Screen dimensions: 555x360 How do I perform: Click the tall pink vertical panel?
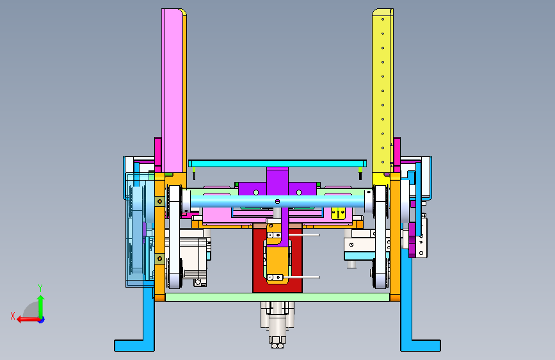172,90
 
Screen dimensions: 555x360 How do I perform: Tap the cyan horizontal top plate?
277,163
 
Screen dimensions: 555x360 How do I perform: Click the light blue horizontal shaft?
277,202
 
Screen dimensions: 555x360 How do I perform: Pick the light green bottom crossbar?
278,297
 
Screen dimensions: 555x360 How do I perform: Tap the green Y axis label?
40,288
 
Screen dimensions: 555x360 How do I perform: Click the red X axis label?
13,316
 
